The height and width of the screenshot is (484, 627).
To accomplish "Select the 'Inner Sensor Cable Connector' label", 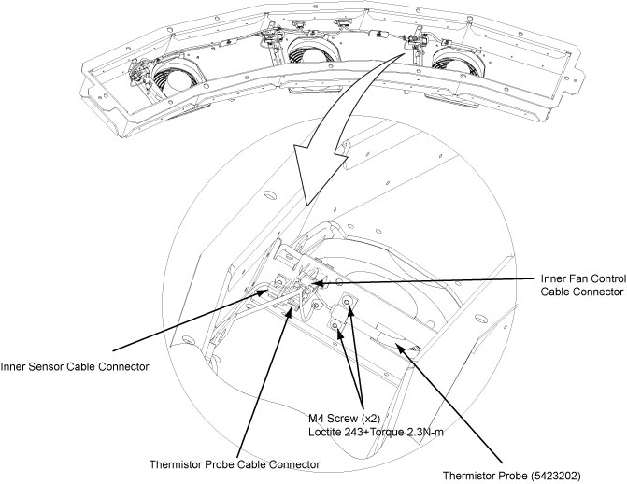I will point(75,366).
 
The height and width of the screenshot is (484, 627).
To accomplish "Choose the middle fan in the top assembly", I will point(309,53).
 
